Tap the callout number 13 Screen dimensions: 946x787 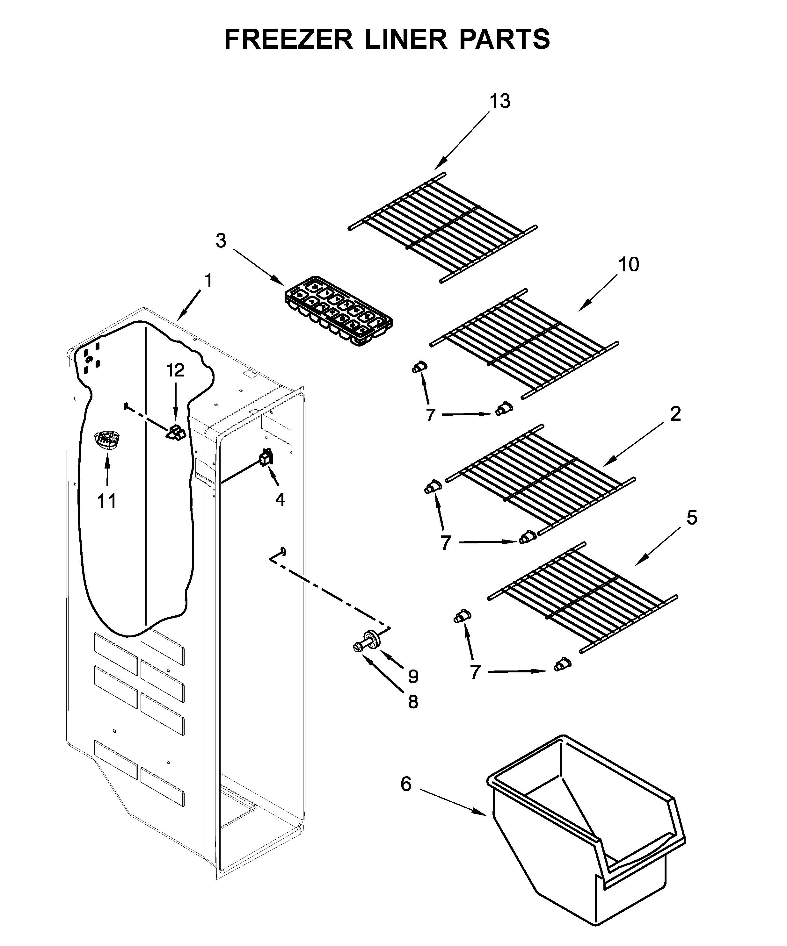pyautogui.click(x=500, y=101)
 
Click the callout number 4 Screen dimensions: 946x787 pyautogui.click(x=280, y=499)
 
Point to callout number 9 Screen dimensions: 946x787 pyautogui.click(x=413, y=676)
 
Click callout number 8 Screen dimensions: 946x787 pyautogui.click(x=412, y=702)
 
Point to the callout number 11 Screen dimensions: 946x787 pyautogui.click(x=107, y=501)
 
